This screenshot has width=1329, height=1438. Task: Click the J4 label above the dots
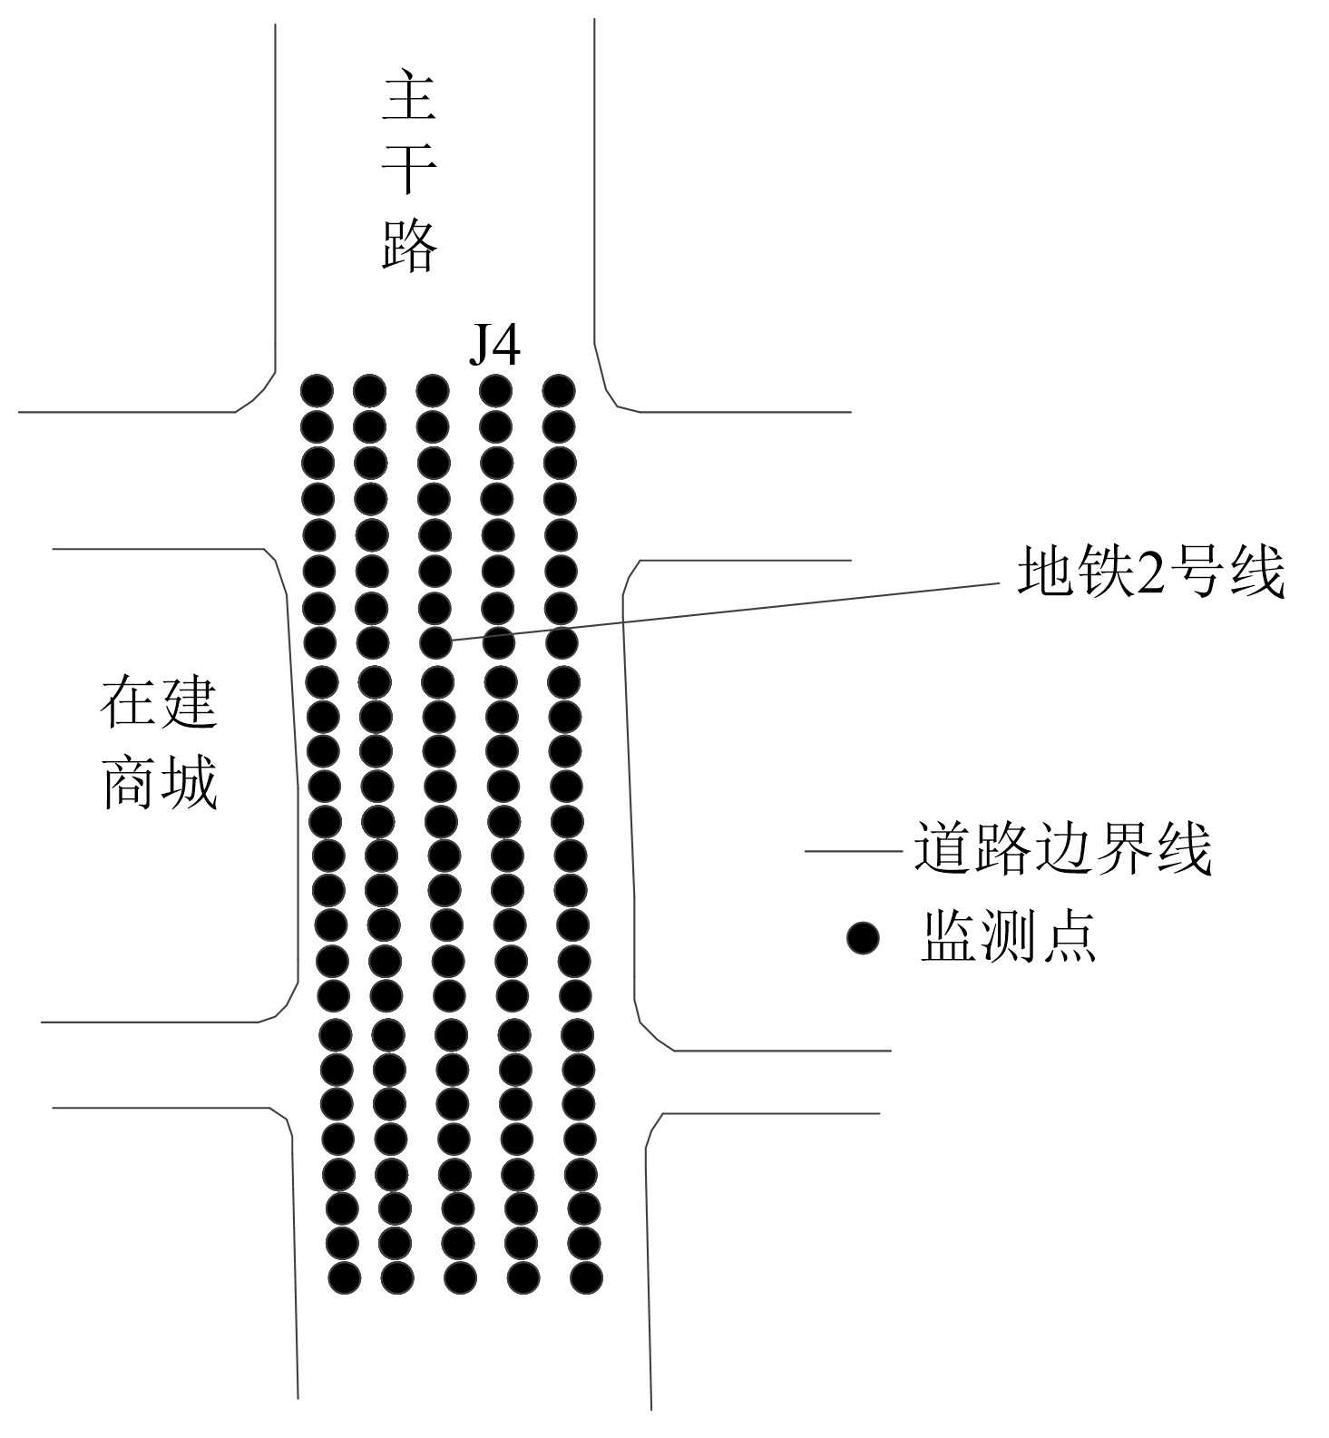point(494,345)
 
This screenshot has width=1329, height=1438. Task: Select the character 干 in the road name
point(409,169)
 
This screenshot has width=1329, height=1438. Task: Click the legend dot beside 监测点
point(863,937)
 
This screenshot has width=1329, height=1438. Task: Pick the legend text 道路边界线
point(1062,849)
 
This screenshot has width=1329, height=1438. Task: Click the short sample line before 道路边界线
point(853,852)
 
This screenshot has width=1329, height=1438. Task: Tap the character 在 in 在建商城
point(128,701)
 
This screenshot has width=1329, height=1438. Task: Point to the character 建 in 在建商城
point(189,701)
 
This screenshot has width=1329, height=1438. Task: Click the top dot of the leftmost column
point(318,391)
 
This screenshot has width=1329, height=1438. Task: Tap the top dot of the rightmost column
point(559,391)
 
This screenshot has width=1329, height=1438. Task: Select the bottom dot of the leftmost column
point(345,1277)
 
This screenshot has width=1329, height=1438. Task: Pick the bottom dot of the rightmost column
point(586,1277)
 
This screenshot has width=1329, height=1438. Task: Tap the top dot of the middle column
point(433,391)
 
